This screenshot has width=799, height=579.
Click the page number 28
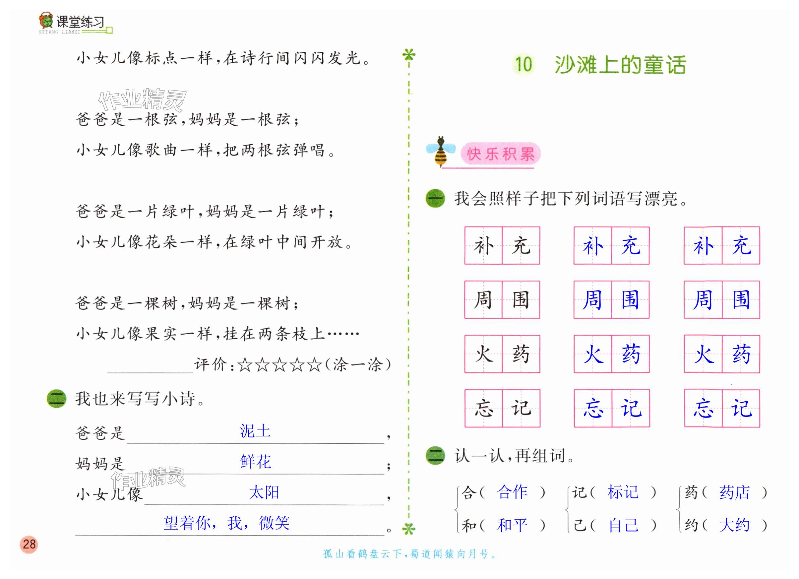(x=29, y=544)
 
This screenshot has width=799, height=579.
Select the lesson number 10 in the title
(x=523, y=64)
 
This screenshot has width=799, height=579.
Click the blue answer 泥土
(x=255, y=431)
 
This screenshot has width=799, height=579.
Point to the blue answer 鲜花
(x=256, y=462)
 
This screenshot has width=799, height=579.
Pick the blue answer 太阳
(x=264, y=492)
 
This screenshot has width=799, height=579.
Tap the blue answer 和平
(x=512, y=525)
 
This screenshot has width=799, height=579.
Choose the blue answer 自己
(x=624, y=525)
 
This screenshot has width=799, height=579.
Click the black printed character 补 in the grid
(x=483, y=246)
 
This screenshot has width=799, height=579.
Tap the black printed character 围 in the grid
(x=521, y=300)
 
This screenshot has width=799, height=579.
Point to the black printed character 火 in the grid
(x=483, y=354)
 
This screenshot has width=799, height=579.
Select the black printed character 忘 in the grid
(x=483, y=409)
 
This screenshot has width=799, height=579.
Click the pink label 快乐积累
(x=500, y=154)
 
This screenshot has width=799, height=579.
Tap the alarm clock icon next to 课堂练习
(x=46, y=21)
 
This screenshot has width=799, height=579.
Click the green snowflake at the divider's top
(x=409, y=55)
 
